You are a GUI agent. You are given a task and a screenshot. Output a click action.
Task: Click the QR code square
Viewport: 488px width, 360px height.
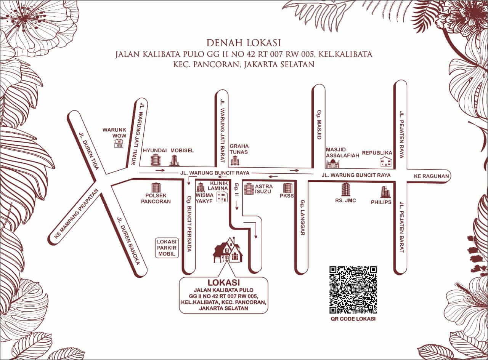tap(353, 290)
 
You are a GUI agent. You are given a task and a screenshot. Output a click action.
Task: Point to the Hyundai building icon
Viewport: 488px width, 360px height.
tap(155, 160)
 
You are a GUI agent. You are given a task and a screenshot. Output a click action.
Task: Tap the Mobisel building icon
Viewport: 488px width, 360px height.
tap(174, 160)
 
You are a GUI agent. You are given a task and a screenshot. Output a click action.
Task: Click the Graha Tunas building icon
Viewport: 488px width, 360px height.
tap(235, 161)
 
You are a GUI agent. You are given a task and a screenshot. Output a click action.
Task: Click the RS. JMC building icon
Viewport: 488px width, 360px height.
tap(345, 189)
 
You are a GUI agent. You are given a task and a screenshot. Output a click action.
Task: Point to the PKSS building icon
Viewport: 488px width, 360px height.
tap(287, 188)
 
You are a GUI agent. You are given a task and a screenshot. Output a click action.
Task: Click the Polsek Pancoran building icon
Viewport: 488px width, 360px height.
tap(156, 188)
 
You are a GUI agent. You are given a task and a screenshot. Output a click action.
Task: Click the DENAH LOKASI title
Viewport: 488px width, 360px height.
tap(244, 42)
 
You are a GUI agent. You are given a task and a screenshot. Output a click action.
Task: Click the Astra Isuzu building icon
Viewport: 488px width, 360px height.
tap(249, 189)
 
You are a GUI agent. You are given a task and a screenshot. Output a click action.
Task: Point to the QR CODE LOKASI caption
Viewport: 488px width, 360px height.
tap(353, 319)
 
